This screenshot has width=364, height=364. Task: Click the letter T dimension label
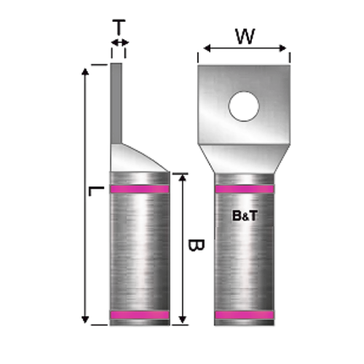[x=119, y=28]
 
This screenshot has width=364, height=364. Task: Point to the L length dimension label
[x=93, y=191]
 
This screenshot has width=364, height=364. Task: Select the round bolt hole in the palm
[x=244, y=106]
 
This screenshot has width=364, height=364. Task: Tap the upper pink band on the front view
[x=245, y=189]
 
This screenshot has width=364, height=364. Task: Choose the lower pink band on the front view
[x=245, y=315]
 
